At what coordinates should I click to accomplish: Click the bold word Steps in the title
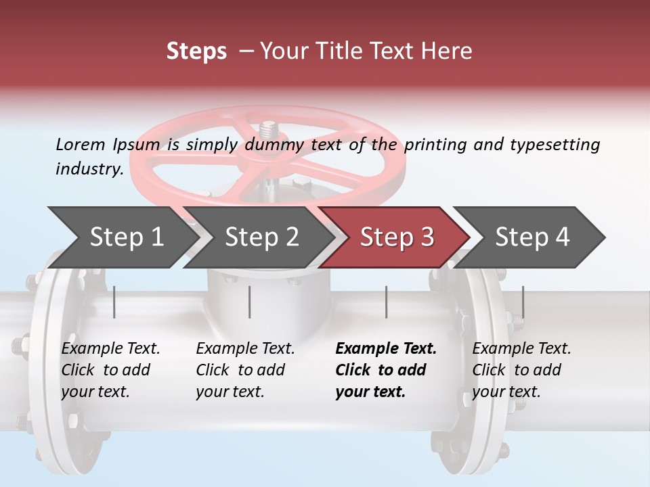coord(196,51)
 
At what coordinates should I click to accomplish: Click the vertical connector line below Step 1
coord(114,302)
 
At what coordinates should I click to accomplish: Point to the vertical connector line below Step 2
coord(250,302)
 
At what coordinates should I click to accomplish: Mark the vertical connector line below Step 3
coord(386,302)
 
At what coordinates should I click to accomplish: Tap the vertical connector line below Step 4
coord(523,302)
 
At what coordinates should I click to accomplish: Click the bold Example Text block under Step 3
coord(386,370)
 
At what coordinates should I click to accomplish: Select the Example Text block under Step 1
coord(110,370)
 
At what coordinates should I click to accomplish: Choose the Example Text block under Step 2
coord(245,370)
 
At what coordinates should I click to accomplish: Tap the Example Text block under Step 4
coord(521,370)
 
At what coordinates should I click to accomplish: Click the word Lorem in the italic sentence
coord(81,144)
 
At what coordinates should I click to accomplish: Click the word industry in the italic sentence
coord(89,168)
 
